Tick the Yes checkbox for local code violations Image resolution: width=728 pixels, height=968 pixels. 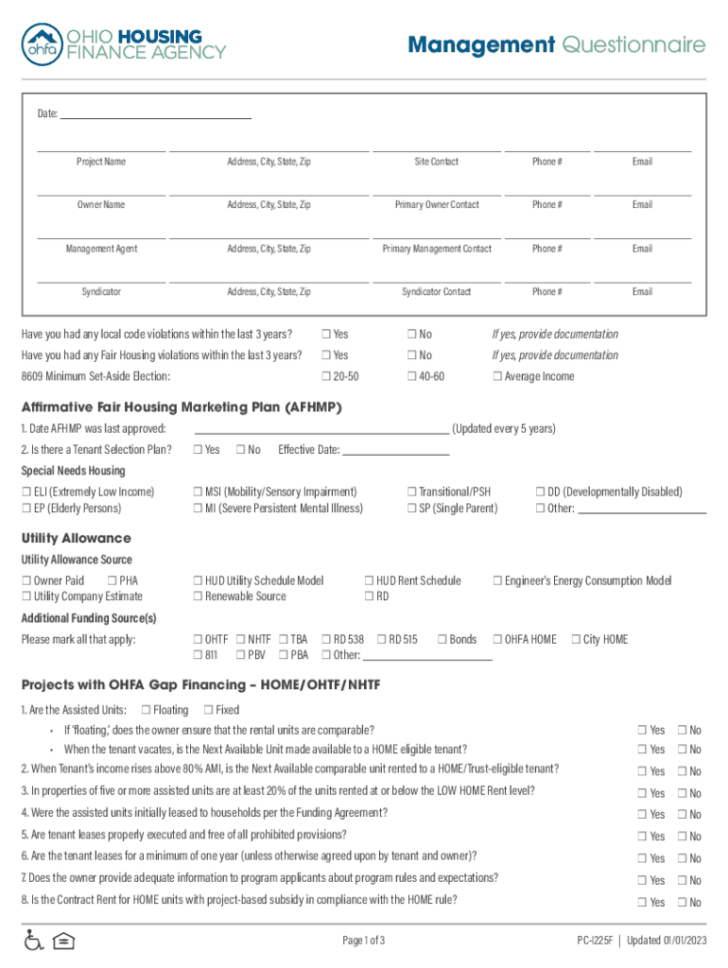pos(325,335)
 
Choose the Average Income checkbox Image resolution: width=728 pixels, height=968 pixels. pos(496,377)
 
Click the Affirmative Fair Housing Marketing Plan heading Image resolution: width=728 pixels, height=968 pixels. pos(181,408)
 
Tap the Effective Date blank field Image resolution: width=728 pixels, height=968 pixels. pos(395,450)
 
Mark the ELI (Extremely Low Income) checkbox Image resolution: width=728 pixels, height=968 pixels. pos(26,493)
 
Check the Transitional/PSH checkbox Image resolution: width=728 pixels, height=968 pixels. pos(411,493)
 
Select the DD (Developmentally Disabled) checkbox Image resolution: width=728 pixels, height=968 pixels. pos(540,493)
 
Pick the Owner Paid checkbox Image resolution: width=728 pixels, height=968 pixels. pos(26,581)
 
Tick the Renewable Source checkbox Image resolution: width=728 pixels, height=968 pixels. pos(198,597)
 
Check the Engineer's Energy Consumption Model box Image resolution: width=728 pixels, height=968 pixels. pos(496,581)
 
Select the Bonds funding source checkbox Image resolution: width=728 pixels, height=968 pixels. pos(442,640)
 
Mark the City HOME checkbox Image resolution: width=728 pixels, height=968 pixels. pos(575,640)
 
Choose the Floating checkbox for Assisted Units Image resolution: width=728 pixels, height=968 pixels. pos(145,711)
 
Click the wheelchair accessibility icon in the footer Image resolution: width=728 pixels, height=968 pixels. pos(33,940)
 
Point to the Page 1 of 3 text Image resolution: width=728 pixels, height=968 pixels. pos(363,940)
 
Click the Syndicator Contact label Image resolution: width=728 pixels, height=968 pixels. pos(436,292)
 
